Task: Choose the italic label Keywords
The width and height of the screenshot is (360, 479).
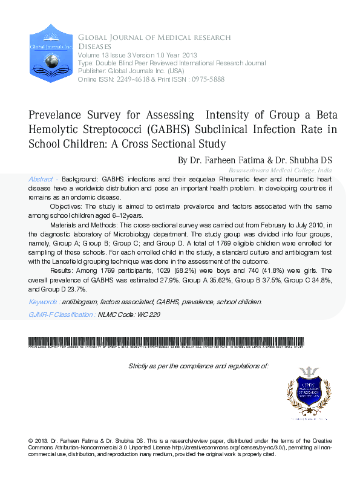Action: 43,301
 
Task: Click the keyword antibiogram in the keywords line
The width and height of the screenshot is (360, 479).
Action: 80,301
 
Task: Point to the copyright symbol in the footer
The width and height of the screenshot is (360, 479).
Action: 31,439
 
